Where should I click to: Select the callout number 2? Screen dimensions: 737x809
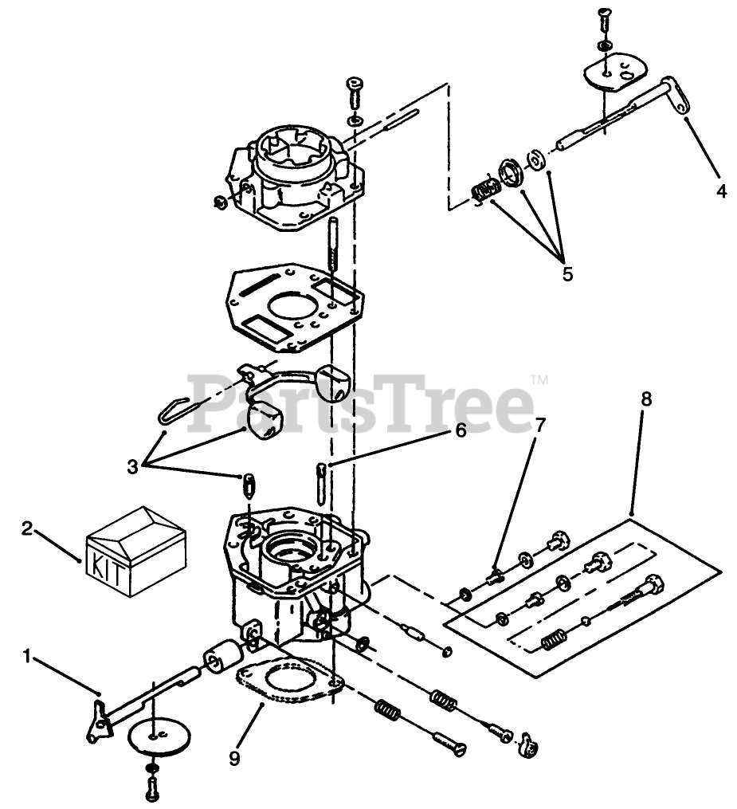click(28, 528)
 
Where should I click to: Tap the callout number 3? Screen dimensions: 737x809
click(133, 467)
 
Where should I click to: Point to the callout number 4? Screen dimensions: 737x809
click(722, 191)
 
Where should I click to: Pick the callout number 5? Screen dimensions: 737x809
click(567, 274)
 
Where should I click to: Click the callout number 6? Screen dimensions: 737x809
click(461, 430)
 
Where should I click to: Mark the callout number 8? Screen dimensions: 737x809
click(646, 399)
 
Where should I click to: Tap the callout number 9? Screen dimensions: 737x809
click(235, 759)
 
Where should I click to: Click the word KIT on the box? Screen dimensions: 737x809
click(109, 573)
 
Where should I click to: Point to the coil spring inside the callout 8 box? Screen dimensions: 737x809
click(558, 640)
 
